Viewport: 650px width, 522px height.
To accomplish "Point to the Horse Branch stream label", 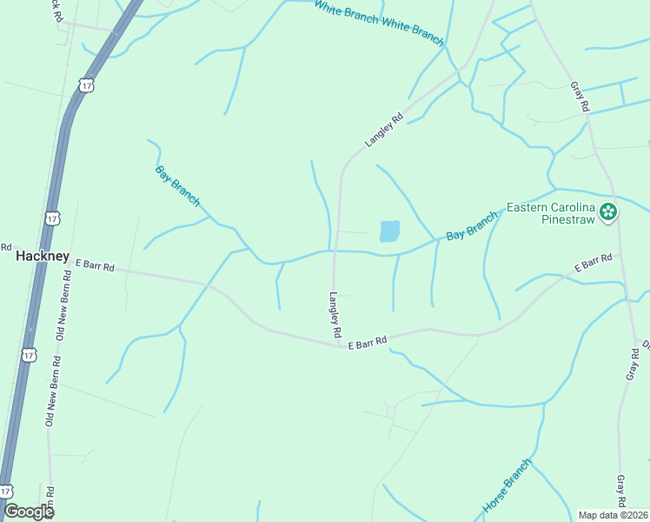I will [x=506, y=486].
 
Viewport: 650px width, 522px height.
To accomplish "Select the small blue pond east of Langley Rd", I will [x=389, y=231].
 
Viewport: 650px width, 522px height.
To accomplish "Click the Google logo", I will [x=28, y=512].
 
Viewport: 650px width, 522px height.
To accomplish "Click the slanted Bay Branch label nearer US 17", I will [x=177, y=184].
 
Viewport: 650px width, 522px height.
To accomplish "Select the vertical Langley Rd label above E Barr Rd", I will [x=335, y=314].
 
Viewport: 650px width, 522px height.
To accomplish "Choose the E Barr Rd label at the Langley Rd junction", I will [x=366, y=342].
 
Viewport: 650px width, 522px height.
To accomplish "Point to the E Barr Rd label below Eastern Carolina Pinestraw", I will [x=594, y=263].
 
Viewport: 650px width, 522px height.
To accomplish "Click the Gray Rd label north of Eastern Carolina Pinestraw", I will [x=580, y=96].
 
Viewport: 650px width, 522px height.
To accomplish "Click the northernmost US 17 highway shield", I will [x=85, y=84].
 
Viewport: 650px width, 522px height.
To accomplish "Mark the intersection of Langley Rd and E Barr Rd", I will [x=339, y=345].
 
